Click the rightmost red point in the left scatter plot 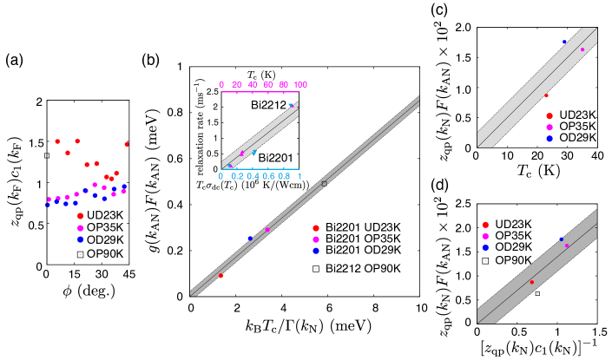[x=127, y=144]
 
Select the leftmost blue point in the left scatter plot [x=48, y=205]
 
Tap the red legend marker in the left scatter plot [x=80, y=216]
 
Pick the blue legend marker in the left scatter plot [x=80, y=239]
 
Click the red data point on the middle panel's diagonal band [x=220, y=276]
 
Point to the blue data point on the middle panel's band [x=250, y=238]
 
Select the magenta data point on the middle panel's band [x=267, y=230]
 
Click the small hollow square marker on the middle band [x=325, y=184]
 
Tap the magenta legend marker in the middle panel [x=316, y=239]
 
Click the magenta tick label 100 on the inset [x=299, y=85]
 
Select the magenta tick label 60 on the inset [x=268, y=85]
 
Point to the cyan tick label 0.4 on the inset [x=253, y=176]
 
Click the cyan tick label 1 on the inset [x=299, y=176]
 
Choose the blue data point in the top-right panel [x=564, y=42]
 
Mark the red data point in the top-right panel [x=546, y=95]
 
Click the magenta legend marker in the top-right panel [x=549, y=128]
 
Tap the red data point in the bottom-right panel [x=532, y=282]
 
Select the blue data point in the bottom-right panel [x=561, y=239]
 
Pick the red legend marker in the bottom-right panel [x=485, y=225]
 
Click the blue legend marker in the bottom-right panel [x=485, y=247]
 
